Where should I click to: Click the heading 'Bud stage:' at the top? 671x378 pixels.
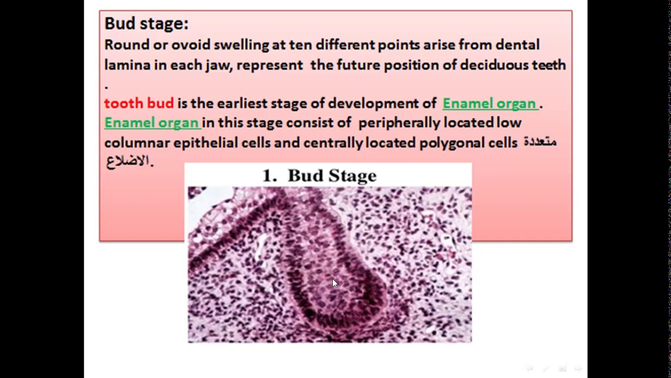tap(146, 24)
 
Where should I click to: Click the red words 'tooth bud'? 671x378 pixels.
tap(138, 103)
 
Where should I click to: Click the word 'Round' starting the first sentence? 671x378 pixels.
tap(126, 45)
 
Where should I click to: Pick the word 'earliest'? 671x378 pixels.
tap(242, 103)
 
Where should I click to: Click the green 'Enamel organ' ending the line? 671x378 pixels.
tap(490, 103)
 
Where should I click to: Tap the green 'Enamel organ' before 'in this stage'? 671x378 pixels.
tap(151, 123)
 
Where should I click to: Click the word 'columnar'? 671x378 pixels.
tap(137, 143)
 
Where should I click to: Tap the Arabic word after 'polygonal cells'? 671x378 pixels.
tap(540, 142)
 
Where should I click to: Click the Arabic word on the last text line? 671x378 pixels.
tap(129, 161)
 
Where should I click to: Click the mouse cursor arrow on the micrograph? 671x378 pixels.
tap(335, 283)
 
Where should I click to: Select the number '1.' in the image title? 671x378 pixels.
tap(269, 176)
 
